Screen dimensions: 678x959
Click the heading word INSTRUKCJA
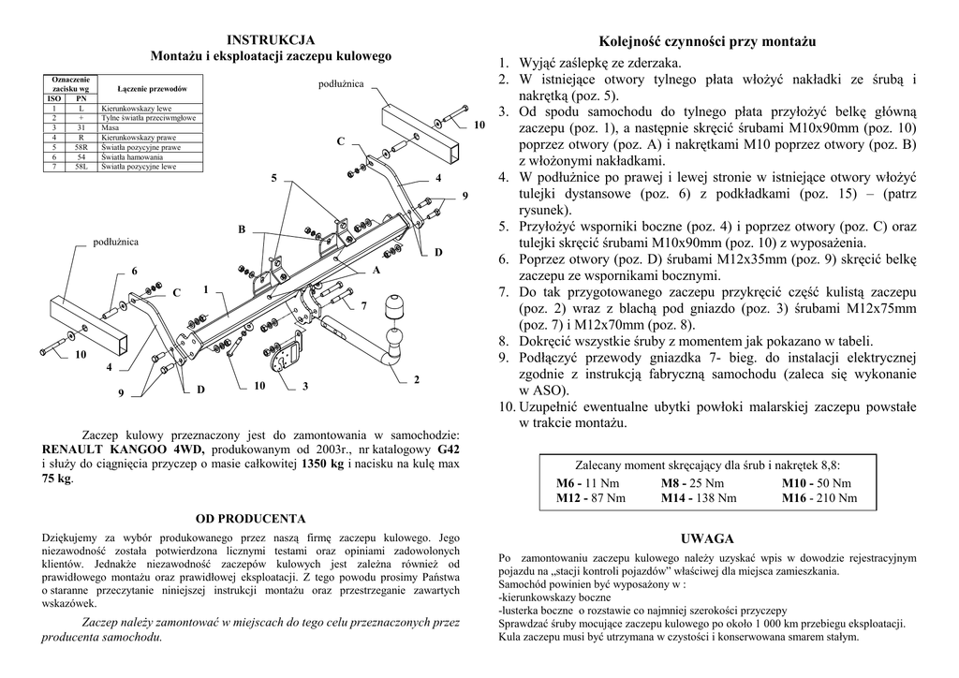271,40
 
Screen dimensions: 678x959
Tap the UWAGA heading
707,538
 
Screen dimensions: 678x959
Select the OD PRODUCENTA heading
250,518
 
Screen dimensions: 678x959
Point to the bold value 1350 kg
323,464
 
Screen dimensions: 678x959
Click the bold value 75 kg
57,479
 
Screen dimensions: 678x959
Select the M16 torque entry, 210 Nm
819,498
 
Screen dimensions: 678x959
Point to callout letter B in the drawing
242,229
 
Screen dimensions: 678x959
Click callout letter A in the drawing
376,271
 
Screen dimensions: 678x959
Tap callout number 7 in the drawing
364,305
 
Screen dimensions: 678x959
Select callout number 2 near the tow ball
416,379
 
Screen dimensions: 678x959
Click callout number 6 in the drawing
134,271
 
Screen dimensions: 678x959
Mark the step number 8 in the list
503,341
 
